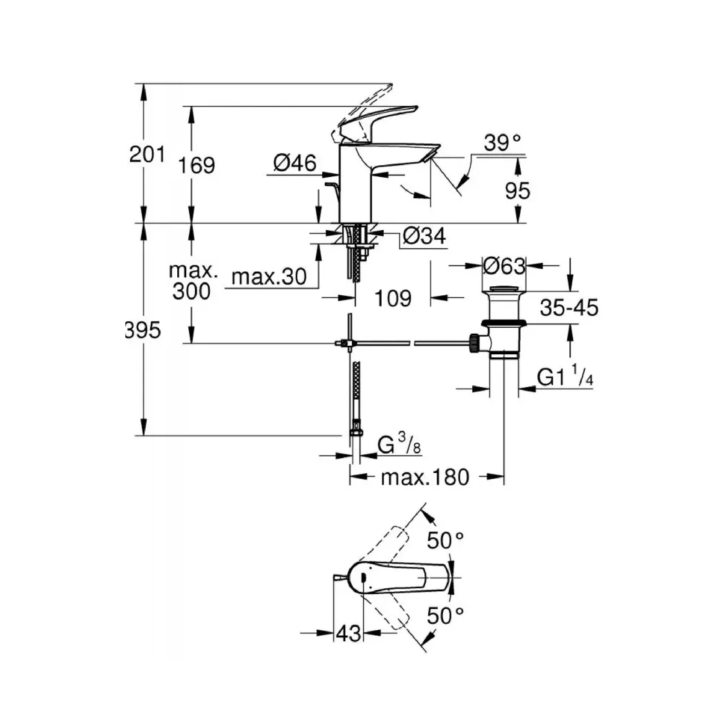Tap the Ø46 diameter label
click(295, 163)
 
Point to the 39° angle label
click(502, 142)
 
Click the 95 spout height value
click(518, 191)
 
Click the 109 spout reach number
click(393, 298)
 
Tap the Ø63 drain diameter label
click(504, 266)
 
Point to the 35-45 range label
click(569, 308)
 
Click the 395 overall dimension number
click(143, 330)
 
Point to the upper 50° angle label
click(445, 540)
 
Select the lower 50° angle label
click(445, 615)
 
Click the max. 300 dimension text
click(193, 281)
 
